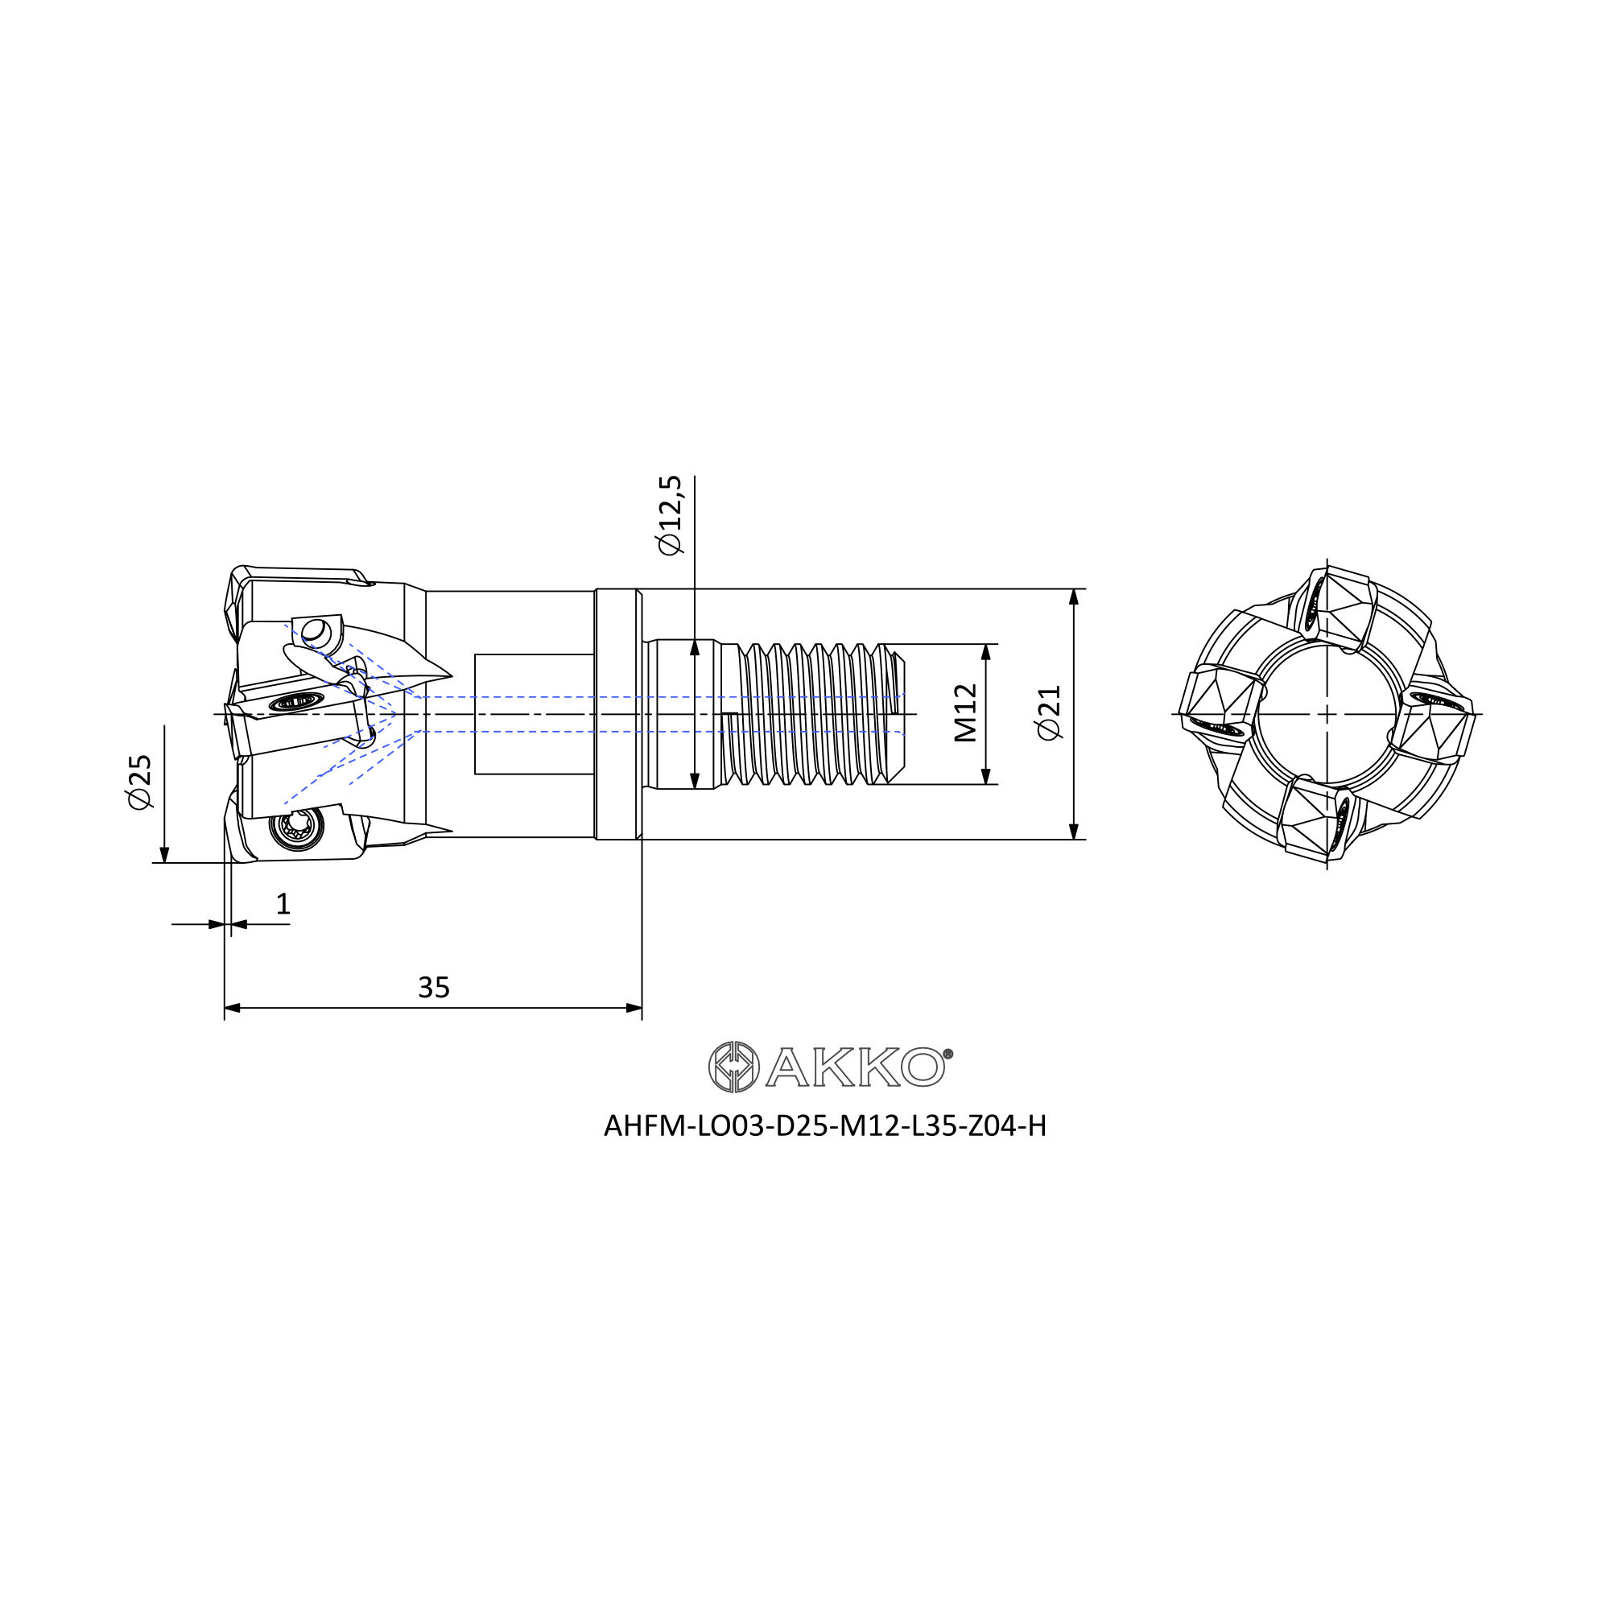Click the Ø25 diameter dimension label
(x=140, y=781)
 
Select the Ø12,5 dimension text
(x=670, y=515)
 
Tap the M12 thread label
(x=965, y=712)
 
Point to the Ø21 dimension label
(x=1049, y=712)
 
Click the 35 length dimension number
(x=433, y=988)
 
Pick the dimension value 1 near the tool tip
(x=283, y=904)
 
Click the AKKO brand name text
(x=855, y=1067)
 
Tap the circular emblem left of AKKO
(x=733, y=1067)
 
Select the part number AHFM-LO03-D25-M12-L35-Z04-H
(x=825, y=1127)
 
